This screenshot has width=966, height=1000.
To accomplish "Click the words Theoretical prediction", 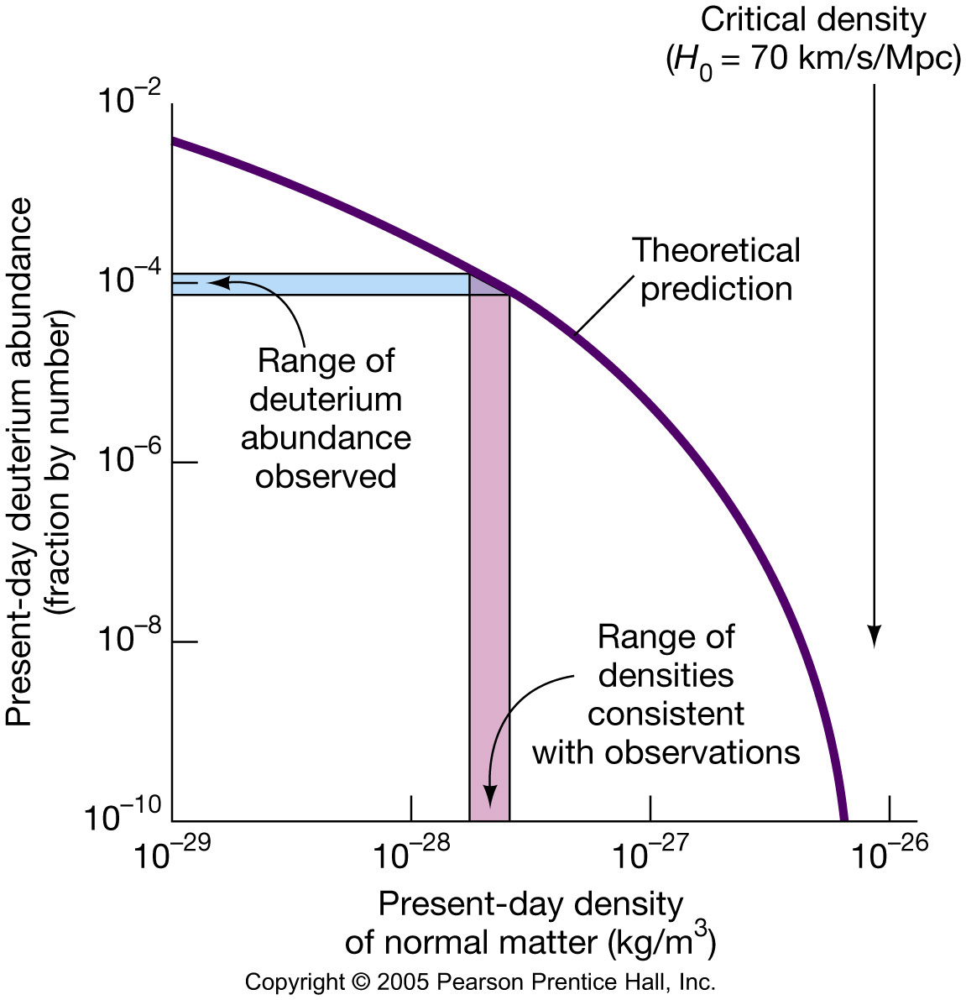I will coord(716,270).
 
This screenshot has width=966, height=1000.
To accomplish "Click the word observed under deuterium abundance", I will coord(326,476).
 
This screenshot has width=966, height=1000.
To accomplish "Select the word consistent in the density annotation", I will coord(666,714).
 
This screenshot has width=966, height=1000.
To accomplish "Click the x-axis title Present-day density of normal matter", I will coord(530,924).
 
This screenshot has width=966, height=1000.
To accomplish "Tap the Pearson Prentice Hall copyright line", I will coord(480,982).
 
